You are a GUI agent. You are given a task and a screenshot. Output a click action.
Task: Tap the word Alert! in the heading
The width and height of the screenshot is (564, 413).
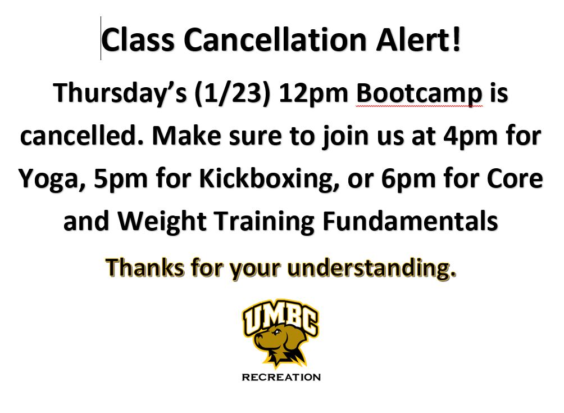click(419, 39)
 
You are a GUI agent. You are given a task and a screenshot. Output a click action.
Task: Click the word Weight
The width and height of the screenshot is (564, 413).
click(162, 222)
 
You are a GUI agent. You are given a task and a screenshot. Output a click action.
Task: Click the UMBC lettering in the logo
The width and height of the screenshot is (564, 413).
click(280, 317)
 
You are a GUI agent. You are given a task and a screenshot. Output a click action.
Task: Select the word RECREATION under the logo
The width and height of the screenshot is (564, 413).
click(281, 378)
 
